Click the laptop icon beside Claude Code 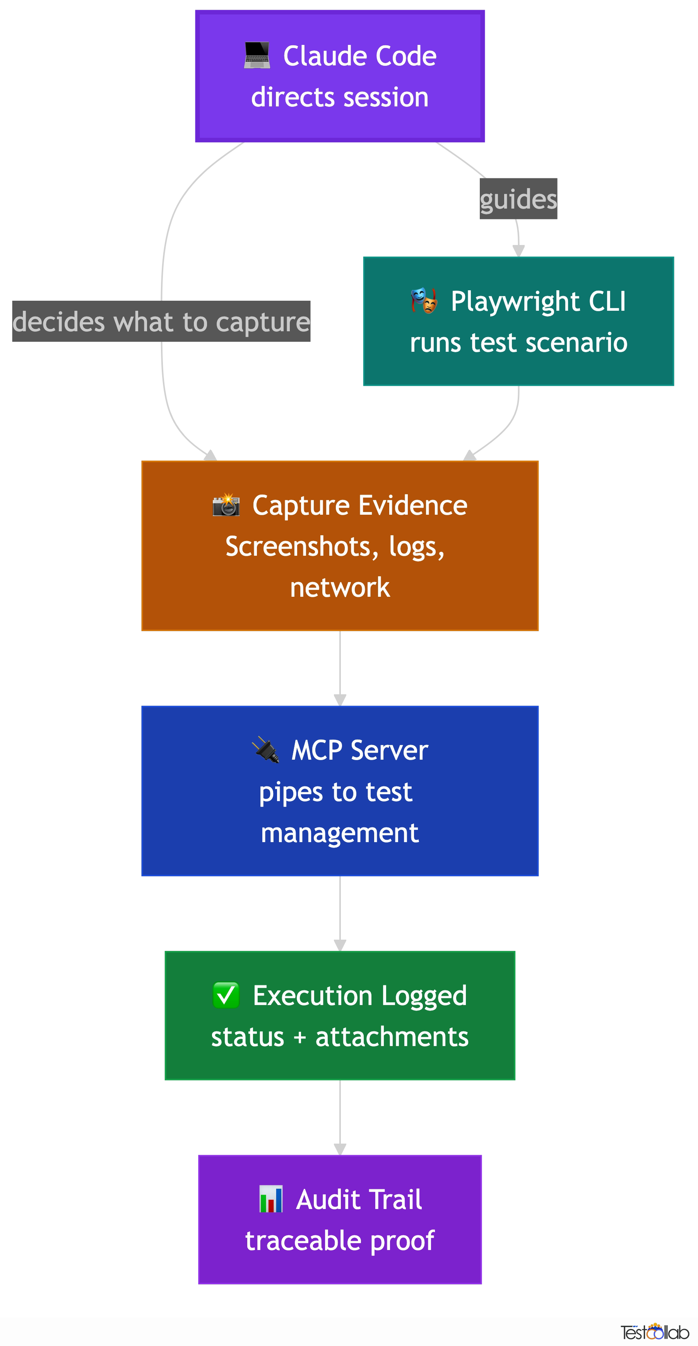pyautogui.click(x=257, y=55)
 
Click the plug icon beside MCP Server pyautogui.click(x=265, y=749)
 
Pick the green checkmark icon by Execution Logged pyautogui.click(x=226, y=995)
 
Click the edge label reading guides pyautogui.click(x=518, y=199)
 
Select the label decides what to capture pyautogui.click(x=161, y=321)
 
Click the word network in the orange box pyautogui.click(x=340, y=587)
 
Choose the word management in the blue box pyautogui.click(x=340, y=832)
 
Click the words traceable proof pyautogui.click(x=340, y=1240)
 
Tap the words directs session pyautogui.click(x=340, y=97)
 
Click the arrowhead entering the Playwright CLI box pyautogui.click(x=518, y=250)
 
